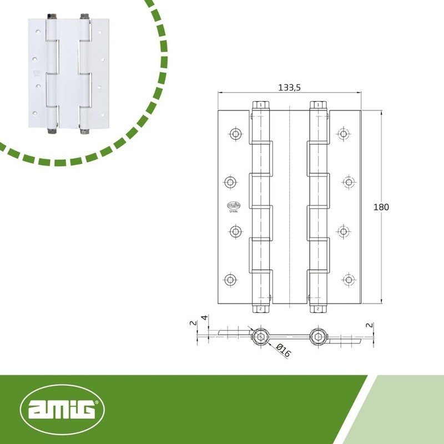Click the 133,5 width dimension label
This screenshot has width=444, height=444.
point(289,88)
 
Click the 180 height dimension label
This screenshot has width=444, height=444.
point(382,206)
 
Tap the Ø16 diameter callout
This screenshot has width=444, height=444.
point(284,350)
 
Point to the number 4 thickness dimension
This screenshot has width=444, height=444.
point(204,318)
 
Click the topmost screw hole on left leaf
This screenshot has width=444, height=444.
point(235,134)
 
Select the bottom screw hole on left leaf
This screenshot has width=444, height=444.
point(230,279)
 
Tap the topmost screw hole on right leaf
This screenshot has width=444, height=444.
point(344,134)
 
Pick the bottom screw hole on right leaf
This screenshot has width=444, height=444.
point(348,279)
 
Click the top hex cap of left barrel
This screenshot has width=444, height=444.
point(261,105)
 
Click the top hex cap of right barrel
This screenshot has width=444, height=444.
point(319,105)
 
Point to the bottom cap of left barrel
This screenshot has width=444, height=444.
point(261,309)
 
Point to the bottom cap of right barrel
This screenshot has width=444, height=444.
point(318,309)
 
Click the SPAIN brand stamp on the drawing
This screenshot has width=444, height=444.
point(231,206)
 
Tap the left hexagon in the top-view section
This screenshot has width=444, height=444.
point(260,336)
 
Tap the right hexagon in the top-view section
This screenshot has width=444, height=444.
point(318,336)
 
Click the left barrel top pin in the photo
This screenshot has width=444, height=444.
point(52,16)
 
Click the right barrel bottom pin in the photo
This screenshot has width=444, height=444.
point(84,131)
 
